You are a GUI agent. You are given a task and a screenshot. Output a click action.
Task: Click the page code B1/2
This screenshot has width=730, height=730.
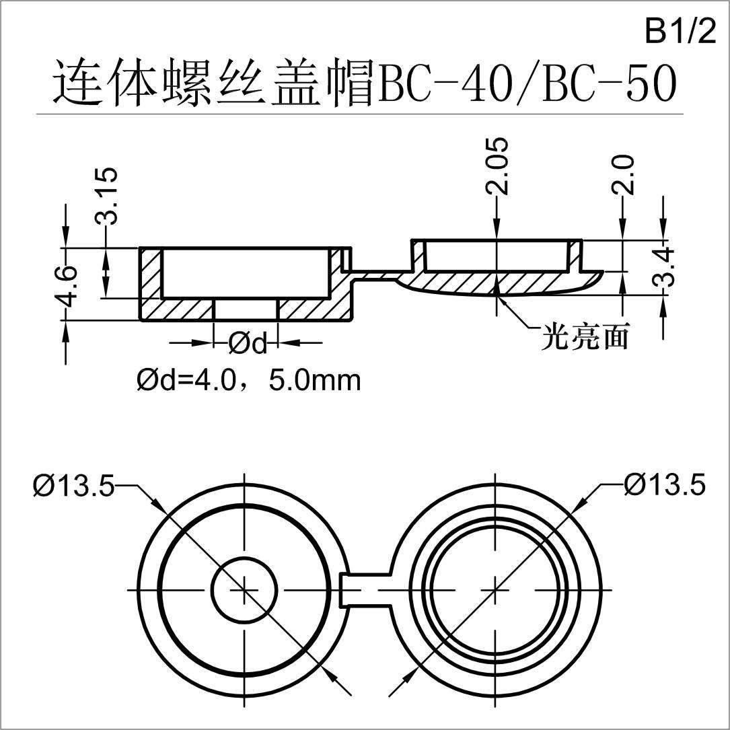pyautogui.click(x=680, y=32)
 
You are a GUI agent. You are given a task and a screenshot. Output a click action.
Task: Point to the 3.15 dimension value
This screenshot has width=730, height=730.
pyautogui.click(x=107, y=196)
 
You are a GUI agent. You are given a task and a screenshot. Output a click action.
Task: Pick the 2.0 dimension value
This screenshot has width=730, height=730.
pyautogui.click(x=624, y=174)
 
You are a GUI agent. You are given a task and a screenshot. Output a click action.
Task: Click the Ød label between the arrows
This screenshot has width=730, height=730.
pyautogui.click(x=247, y=344)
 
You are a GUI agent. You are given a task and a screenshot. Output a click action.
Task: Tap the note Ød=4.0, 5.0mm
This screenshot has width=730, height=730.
pyautogui.click(x=249, y=381)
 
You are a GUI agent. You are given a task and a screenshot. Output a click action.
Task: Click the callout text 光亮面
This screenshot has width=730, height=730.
pyautogui.click(x=585, y=337)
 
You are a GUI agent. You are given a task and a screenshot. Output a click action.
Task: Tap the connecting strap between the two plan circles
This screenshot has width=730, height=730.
pyautogui.click(x=367, y=590)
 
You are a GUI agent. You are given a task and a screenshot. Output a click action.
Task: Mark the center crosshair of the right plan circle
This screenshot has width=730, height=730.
pyautogui.click(x=497, y=589)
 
